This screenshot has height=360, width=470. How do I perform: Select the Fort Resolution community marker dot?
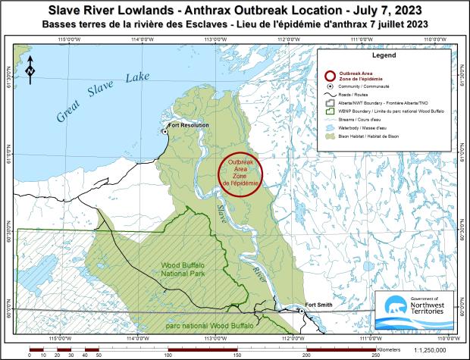[x=164, y=131]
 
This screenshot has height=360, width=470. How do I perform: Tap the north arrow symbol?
[x=29, y=69]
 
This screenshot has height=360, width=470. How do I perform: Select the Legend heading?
[x=384, y=56]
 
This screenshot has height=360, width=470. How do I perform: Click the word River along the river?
[x=259, y=272]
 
